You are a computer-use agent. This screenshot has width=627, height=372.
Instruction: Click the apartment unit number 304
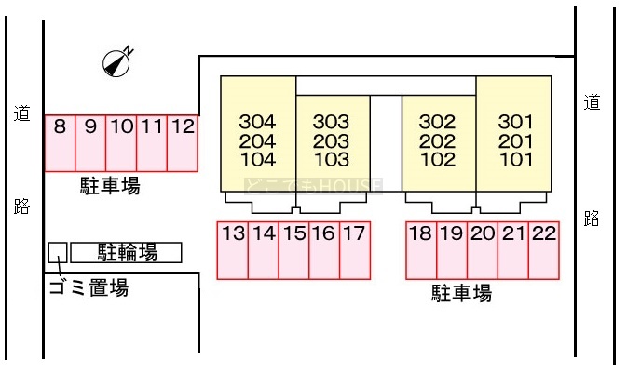point(257,122)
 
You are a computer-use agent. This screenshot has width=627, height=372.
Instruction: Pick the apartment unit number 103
point(331,159)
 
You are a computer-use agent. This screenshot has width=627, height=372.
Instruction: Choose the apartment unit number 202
point(437,141)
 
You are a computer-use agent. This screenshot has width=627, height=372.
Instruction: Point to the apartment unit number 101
point(515,159)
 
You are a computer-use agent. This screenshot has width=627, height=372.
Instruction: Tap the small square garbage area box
point(58,252)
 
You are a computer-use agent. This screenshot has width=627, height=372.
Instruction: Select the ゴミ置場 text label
point(88,288)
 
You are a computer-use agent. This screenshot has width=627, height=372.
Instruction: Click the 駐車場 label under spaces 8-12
point(109,187)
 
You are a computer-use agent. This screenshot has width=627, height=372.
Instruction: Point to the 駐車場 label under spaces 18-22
point(461,294)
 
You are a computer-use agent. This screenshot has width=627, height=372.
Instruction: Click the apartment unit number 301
point(515,122)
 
